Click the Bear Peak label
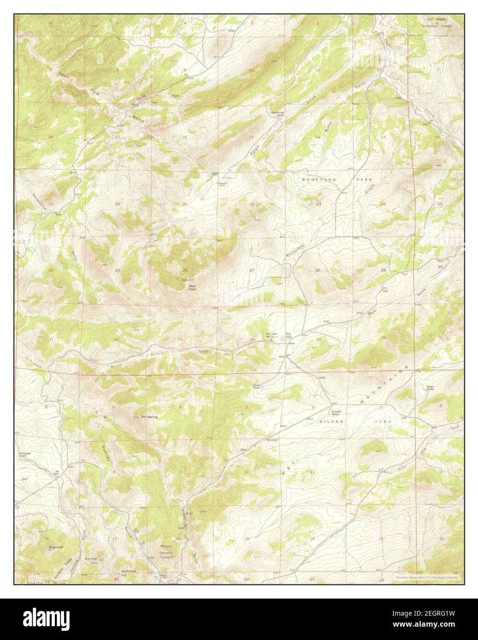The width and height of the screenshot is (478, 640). (x=192, y=287)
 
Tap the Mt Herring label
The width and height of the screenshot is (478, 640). (x=149, y=417)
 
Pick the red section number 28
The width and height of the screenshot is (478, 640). (x=185, y=270)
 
